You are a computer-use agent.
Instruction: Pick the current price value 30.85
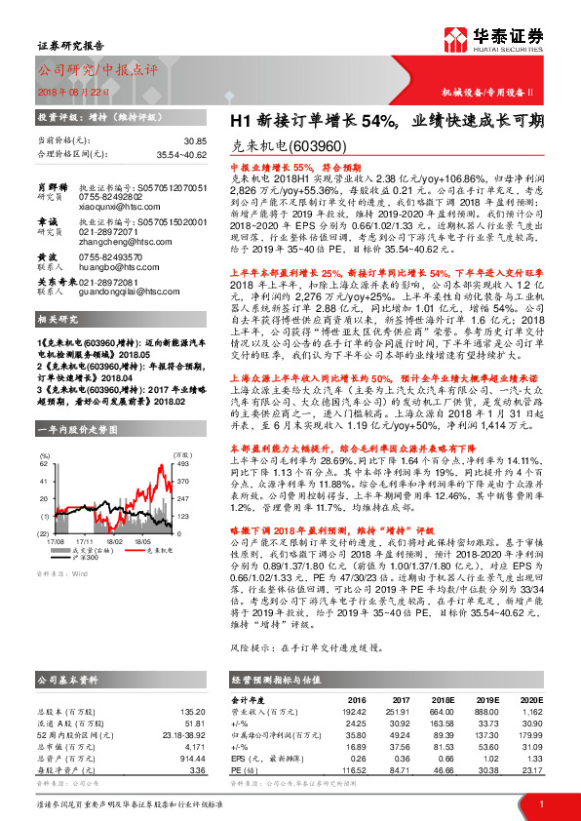(x=195, y=141)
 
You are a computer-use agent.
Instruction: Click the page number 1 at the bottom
(x=540, y=802)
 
